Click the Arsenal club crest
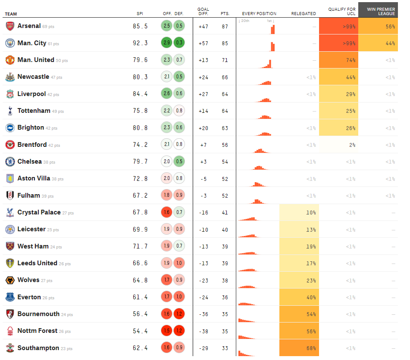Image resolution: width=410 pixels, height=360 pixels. (9, 26)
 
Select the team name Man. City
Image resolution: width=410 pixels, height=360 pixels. (32, 43)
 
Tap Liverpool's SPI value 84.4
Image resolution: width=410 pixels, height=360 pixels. (140, 94)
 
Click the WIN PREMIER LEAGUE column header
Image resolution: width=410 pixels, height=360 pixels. (378, 11)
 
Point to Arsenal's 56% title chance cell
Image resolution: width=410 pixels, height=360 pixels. (378, 26)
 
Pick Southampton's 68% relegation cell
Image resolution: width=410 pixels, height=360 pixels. (299, 348)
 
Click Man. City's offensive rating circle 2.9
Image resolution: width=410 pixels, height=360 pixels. (167, 43)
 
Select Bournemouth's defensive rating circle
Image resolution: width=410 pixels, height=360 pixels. (179, 314)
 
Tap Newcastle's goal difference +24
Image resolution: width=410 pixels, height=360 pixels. (203, 77)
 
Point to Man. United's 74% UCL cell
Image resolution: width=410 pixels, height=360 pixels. (339, 60)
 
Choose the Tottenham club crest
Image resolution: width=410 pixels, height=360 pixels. (9, 111)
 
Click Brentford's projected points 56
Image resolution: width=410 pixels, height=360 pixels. (225, 145)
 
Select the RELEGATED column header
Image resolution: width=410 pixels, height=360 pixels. (304, 14)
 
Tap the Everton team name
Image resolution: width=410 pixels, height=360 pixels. (29, 297)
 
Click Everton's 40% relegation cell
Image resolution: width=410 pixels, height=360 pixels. (299, 297)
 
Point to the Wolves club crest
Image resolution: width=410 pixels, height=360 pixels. (9, 280)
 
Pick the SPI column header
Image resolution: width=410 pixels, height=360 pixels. (140, 14)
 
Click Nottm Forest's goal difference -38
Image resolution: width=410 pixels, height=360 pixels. (203, 331)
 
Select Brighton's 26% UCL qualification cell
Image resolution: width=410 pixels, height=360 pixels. (339, 128)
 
